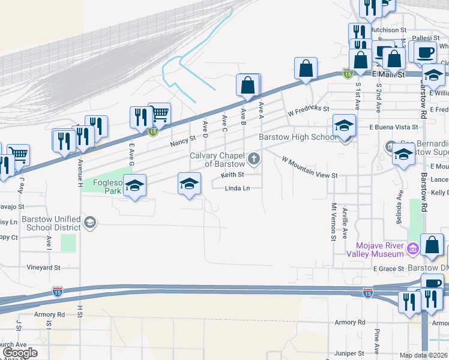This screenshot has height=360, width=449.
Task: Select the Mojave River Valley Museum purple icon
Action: pyautogui.click(x=412, y=248)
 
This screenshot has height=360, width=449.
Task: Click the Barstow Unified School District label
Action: pyautogui.click(x=50, y=223)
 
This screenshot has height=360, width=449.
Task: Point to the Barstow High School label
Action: pyautogui.click(x=298, y=137)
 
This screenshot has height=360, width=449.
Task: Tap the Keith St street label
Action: pyautogui.click(x=232, y=175)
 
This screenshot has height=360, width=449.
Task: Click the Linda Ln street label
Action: pyautogui.click(x=237, y=188)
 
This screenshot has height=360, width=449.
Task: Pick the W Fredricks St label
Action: pyautogui.click(x=309, y=110)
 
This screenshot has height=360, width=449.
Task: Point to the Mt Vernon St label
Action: pyautogui.click(x=334, y=222)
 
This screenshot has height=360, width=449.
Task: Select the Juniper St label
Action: pyautogui.click(x=351, y=354)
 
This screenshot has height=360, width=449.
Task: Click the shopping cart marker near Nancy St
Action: pyautogui.click(x=159, y=113)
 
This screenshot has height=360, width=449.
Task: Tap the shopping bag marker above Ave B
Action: pyautogui.click(x=248, y=85)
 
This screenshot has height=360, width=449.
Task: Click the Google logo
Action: pyautogui.click(x=19, y=353)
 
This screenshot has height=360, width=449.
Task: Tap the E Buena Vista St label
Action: pyautogui.click(x=394, y=127)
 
